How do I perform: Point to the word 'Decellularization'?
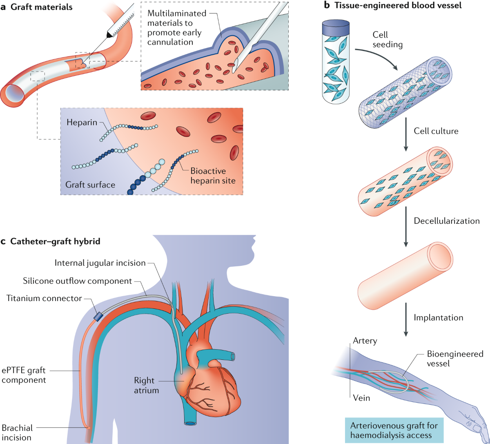tap(446, 221)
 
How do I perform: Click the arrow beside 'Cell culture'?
tap(406, 132)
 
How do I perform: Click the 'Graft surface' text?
tap(90, 185)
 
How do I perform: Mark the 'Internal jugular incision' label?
tap(100, 263)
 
